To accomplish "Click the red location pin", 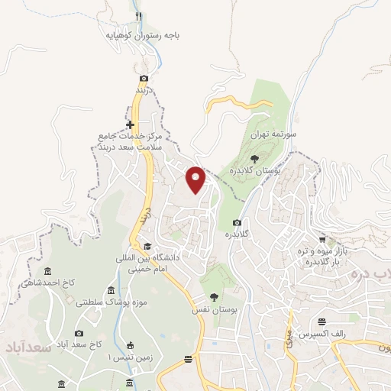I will coord(196,179).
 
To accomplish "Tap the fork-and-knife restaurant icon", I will coord(138,15).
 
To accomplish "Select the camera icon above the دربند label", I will coord(144,79).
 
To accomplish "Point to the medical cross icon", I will coord(130,124).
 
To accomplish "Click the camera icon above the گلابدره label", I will coord(237,223).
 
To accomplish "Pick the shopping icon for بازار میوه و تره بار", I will coord(322,240).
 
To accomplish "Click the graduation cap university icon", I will coord(147,246).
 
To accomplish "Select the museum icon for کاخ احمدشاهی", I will coord(48,272).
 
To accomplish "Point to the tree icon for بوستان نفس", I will coord(213,297).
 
